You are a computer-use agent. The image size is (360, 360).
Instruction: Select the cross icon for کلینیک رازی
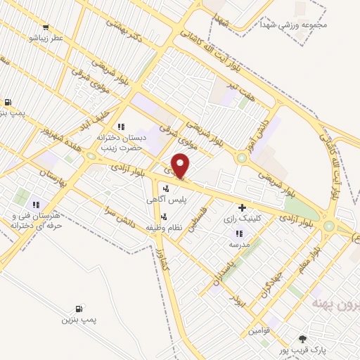(243, 207)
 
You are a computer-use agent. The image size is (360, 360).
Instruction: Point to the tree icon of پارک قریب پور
(303, 338)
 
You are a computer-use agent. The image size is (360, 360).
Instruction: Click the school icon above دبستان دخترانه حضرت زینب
(121, 127)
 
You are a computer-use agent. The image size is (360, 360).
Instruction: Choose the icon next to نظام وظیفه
(164, 217)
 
